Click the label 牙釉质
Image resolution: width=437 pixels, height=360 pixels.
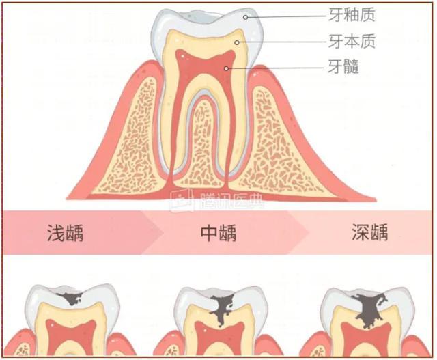pos(352,15)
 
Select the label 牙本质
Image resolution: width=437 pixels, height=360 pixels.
pos(352,41)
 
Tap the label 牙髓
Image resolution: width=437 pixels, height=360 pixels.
pos(343,66)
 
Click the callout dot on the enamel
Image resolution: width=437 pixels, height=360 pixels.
pos(245,17)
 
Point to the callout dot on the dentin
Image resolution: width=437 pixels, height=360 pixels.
pos(237,42)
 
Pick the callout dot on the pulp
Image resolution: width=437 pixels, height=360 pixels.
pos(227,68)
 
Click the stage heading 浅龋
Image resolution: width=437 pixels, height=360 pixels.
pos(66,232)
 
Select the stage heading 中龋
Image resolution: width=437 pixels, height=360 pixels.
pos(218,232)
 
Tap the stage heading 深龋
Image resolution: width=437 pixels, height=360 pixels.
pos(370,232)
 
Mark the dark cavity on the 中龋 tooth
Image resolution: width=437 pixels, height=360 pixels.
pos(222,309)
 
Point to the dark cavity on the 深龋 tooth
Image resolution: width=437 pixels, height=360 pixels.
pos(369,310)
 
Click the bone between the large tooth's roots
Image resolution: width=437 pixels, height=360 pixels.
pos(202,145)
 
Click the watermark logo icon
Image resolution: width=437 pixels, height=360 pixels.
pos(182,200)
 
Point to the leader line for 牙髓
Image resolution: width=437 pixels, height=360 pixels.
pos(277,68)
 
